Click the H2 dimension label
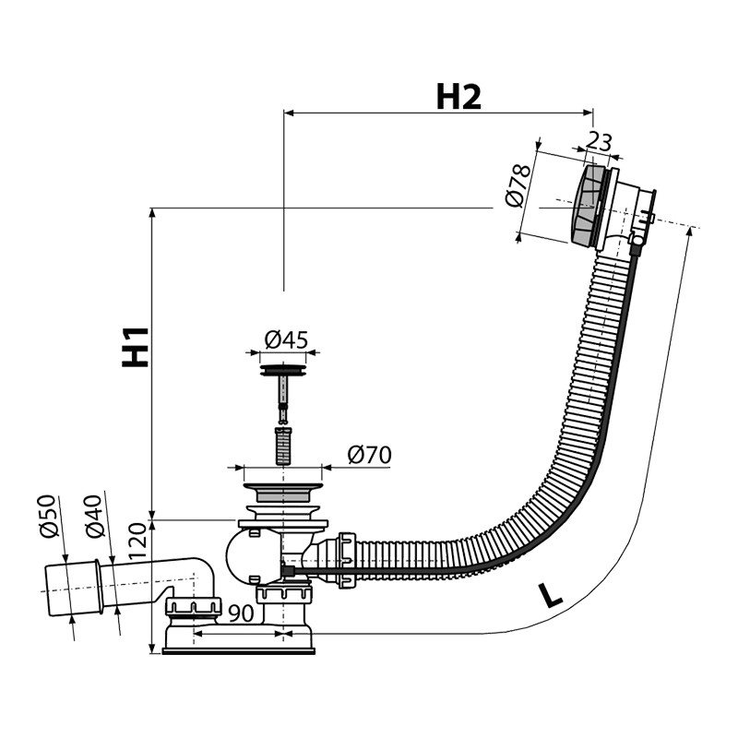pos(458,98)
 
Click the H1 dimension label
pos(136,348)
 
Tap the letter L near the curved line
pos(551,595)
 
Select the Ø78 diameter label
pos(518,186)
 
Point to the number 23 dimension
pos(599,142)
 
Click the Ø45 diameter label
pos(286,339)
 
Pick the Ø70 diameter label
pos(370,455)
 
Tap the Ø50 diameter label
pos(49,517)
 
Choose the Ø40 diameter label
pos(93,517)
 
